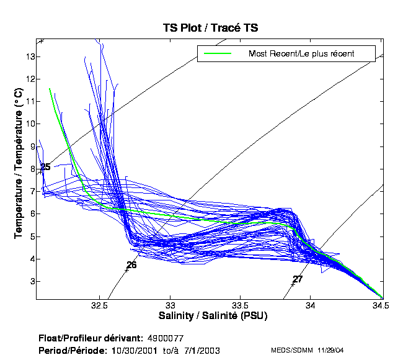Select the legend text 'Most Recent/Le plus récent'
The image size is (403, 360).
pyautogui.click(x=301, y=53)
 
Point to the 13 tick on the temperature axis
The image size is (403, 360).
pyautogui.click(x=29, y=56)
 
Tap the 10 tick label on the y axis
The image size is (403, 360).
pyautogui.click(x=29, y=124)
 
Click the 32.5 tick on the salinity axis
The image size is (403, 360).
pyautogui.click(x=99, y=305)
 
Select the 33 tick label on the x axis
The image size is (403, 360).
pyautogui.click(x=171, y=305)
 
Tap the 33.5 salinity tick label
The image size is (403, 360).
pyautogui.click(x=241, y=305)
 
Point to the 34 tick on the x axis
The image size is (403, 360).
pyautogui.click(x=311, y=305)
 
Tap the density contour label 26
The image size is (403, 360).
pyautogui.click(x=131, y=265)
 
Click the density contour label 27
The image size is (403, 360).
pyautogui.click(x=298, y=279)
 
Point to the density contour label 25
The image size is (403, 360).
pyautogui.click(x=45, y=167)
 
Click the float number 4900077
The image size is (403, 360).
pyautogui.click(x=166, y=339)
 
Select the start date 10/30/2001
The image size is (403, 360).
pyautogui.click(x=124, y=351)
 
